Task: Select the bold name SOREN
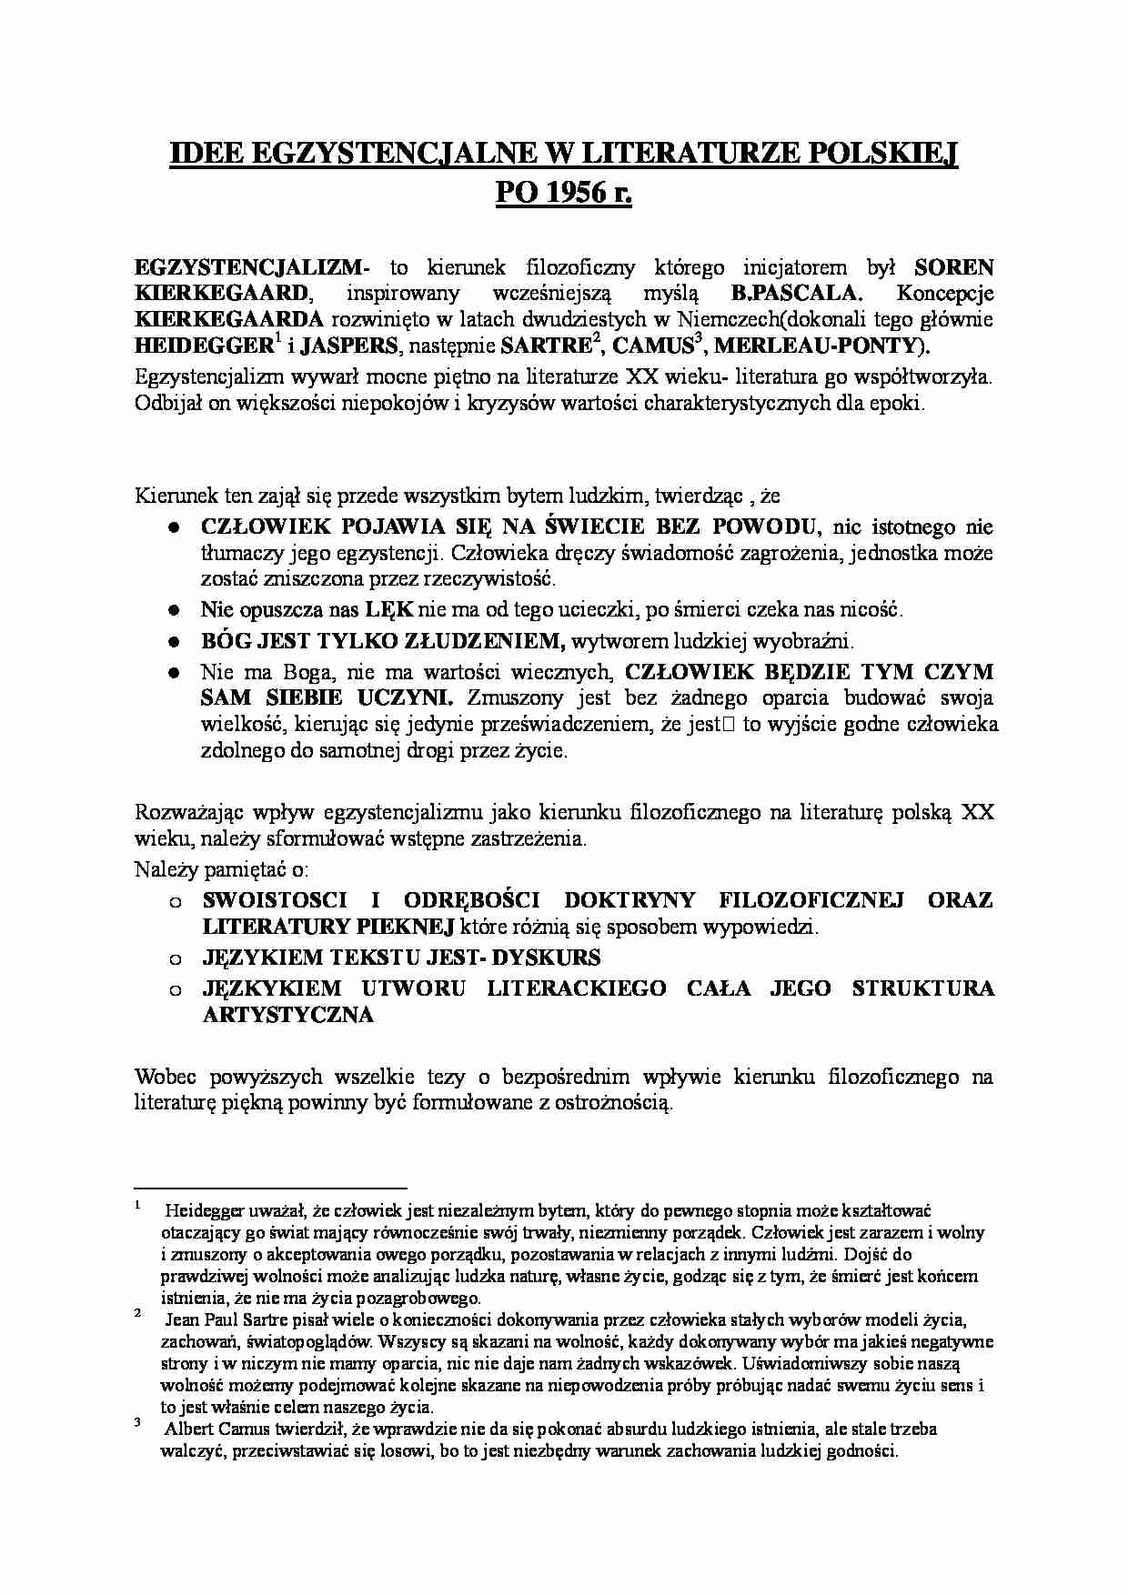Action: tap(953, 267)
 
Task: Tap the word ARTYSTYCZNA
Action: tap(287, 1015)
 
